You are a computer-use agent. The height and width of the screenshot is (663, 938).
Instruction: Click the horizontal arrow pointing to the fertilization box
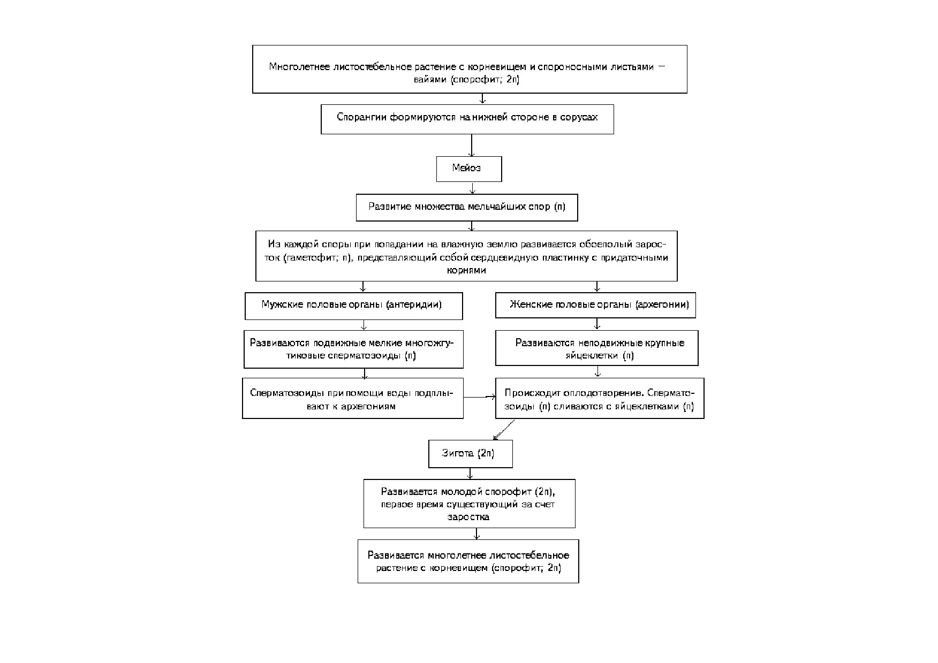coord(480,397)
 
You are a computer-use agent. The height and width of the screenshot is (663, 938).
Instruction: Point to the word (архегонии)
coord(662,304)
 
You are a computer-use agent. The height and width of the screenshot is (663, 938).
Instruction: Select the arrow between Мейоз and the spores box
coord(472,188)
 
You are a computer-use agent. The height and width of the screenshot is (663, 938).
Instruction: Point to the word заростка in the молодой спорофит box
coord(468,517)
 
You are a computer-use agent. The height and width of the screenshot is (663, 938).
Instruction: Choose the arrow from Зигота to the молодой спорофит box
coord(470,474)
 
